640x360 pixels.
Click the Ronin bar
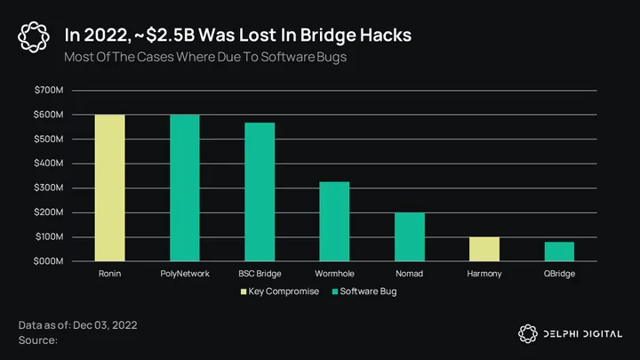(x=110, y=188)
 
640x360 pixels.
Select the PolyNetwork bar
(x=185, y=188)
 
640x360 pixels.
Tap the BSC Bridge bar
(x=260, y=192)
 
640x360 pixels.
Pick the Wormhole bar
(x=334, y=221)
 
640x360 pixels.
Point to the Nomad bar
(x=410, y=236)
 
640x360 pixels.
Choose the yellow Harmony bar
(x=484, y=249)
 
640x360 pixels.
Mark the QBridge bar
(x=559, y=252)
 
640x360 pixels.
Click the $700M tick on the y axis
(x=49, y=90)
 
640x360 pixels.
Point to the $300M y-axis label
(x=49, y=188)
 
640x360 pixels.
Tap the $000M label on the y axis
(x=49, y=261)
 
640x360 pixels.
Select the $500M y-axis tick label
(x=49, y=139)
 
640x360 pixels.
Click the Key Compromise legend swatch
(x=244, y=292)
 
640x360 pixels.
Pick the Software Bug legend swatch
(x=335, y=292)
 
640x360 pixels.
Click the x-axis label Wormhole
(x=334, y=274)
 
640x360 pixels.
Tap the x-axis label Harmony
(x=484, y=274)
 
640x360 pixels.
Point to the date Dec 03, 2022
(x=105, y=325)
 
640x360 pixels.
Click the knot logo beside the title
(x=34, y=37)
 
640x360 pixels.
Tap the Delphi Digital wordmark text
(x=583, y=334)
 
